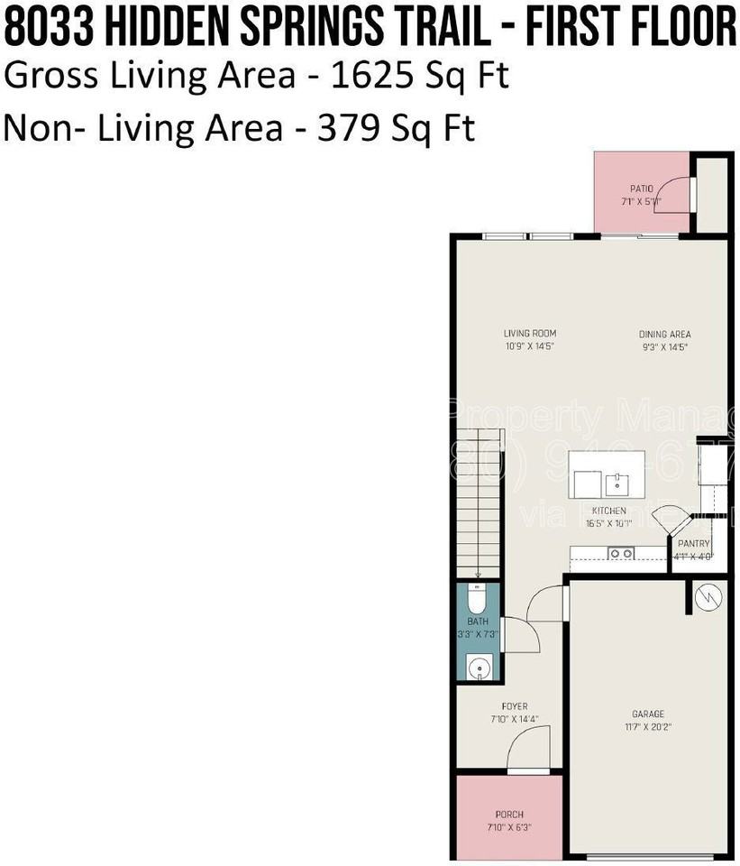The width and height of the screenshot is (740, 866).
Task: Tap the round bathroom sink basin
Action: coord(480,668)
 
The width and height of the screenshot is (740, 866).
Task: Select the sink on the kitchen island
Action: coord(617,484)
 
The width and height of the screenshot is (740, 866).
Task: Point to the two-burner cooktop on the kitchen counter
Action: coord(621,553)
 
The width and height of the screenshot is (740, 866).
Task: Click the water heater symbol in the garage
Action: coord(708,595)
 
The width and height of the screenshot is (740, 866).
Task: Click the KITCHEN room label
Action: coord(608,511)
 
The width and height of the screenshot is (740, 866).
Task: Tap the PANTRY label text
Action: coord(695,544)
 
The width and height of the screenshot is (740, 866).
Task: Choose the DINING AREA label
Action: coord(664,334)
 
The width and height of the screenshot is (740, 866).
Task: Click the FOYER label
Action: coord(514,706)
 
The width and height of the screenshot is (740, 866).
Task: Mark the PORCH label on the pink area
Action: coord(509,815)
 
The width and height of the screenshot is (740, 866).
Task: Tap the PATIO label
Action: coord(641,189)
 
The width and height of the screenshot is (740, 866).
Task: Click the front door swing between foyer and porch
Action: coord(526,751)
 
